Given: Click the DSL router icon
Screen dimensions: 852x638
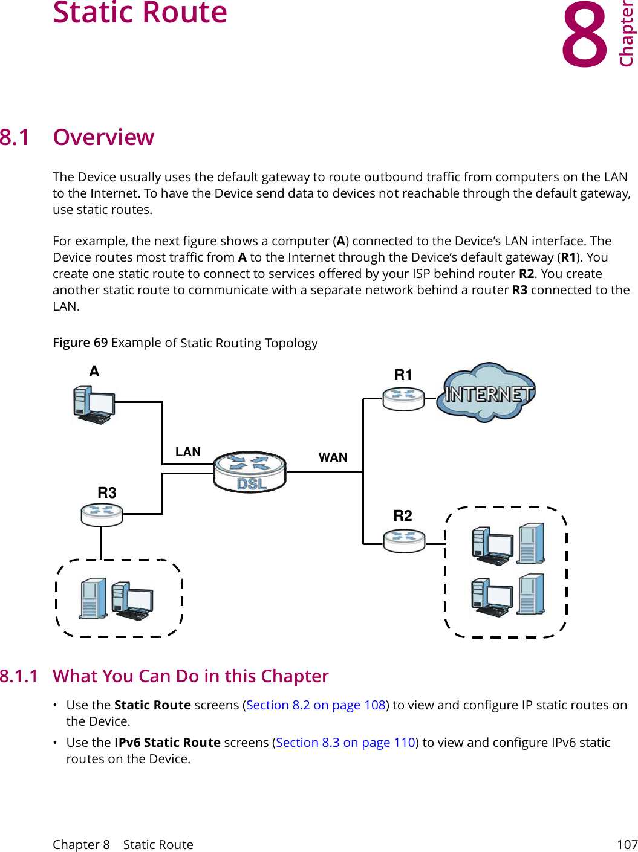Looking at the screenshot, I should (250, 472).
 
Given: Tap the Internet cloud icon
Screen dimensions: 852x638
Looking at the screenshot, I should (487, 393).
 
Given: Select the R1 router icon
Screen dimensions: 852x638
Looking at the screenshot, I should (403, 399).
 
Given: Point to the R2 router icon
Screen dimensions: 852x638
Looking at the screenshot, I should (404, 540).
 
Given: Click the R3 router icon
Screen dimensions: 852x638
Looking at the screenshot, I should (102, 514).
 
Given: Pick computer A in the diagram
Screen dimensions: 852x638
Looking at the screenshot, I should (93, 405).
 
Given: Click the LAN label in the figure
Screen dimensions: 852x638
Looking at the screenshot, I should (187, 452).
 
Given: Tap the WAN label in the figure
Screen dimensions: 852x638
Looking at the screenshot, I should (333, 457).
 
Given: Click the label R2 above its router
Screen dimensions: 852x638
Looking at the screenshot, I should (403, 515).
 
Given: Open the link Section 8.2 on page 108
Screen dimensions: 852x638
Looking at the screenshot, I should (316, 705).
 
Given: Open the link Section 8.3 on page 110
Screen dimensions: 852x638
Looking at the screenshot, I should (345, 743).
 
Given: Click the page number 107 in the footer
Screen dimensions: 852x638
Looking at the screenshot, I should (627, 844).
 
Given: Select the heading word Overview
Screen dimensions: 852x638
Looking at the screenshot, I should (103, 138).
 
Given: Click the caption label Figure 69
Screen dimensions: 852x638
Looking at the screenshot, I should (80, 343).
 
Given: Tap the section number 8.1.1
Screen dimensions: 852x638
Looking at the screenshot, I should (19, 676).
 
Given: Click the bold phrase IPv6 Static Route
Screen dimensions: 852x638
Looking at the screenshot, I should (168, 743).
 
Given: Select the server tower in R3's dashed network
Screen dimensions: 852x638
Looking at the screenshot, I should (93, 598).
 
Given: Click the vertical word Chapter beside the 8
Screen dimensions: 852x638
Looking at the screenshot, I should (627, 35).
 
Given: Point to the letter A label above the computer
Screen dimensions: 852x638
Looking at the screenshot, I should (94, 371).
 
